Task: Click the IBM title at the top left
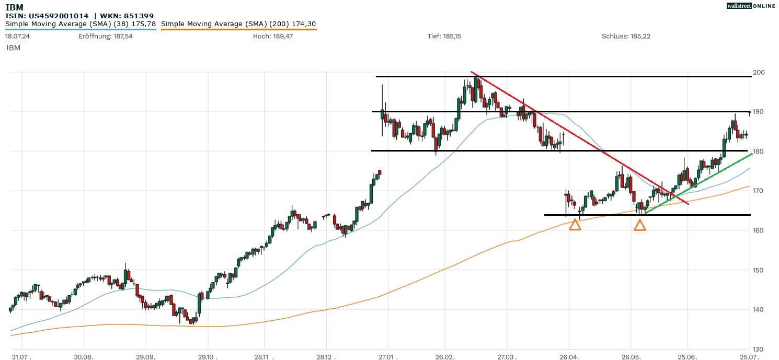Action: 14,7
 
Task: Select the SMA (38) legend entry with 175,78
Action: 81,24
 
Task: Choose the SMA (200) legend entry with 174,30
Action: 238,24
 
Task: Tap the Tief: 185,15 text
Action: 444,36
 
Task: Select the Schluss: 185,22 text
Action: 626,36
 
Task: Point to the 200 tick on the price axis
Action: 758,72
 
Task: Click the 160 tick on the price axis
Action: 758,230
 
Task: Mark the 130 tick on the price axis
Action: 758,349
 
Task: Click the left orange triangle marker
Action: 575,225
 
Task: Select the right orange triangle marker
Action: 639,225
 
